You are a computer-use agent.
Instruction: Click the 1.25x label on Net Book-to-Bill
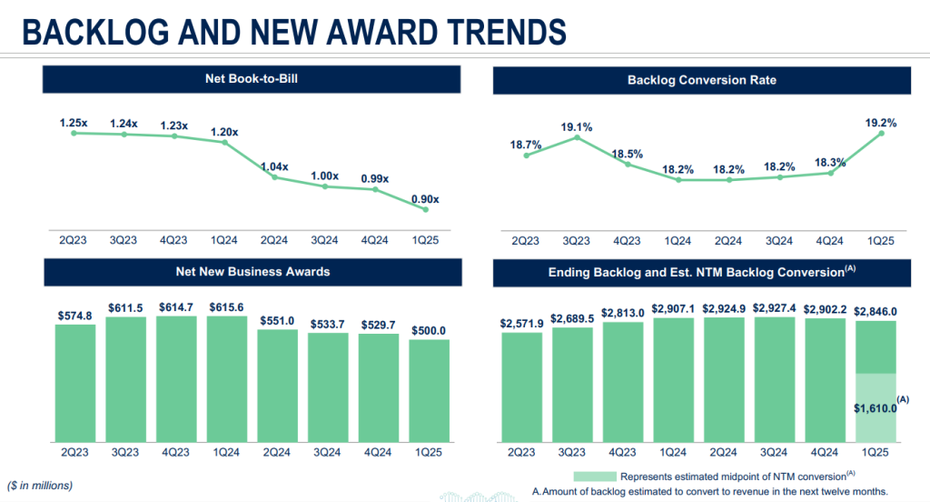(74, 122)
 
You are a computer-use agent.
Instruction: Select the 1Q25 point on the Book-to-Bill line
(425, 210)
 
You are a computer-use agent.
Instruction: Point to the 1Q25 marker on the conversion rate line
(881, 134)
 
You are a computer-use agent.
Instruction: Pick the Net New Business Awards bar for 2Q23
(74, 382)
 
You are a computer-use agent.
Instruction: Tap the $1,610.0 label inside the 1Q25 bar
(875, 408)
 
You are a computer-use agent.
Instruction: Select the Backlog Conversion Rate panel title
(702, 80)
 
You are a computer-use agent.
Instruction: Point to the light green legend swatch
(594, 476)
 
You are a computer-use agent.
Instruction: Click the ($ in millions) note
(40, 485)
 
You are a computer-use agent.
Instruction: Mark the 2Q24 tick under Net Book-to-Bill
(275, 240)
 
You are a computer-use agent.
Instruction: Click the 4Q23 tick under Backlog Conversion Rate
(627, 241)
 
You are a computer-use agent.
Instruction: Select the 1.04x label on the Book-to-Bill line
(274, 166)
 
